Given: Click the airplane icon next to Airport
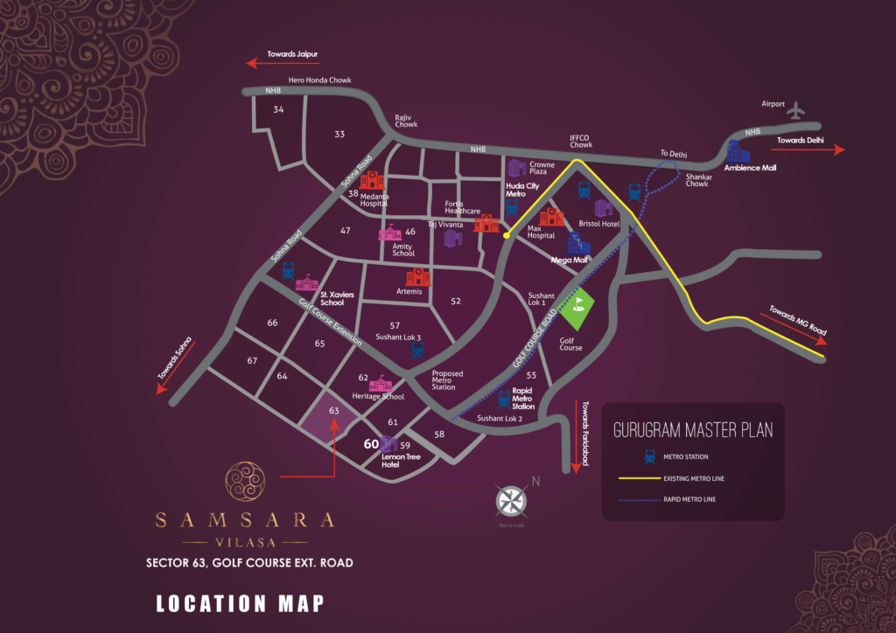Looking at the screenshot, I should pos(795,110).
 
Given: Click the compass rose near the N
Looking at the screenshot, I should pos(510,501).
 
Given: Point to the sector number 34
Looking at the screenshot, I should pos(278,109).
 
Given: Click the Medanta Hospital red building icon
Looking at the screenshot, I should pos(373,179).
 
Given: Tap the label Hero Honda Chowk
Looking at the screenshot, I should pos(313,80).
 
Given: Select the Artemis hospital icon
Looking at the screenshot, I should pos(418,276).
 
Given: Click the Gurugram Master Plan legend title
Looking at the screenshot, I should pos(693,429).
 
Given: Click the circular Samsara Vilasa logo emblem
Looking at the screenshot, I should pos(244,482).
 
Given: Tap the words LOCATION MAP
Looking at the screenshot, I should pos(240,602).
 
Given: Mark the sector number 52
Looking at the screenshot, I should pos(455,301).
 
